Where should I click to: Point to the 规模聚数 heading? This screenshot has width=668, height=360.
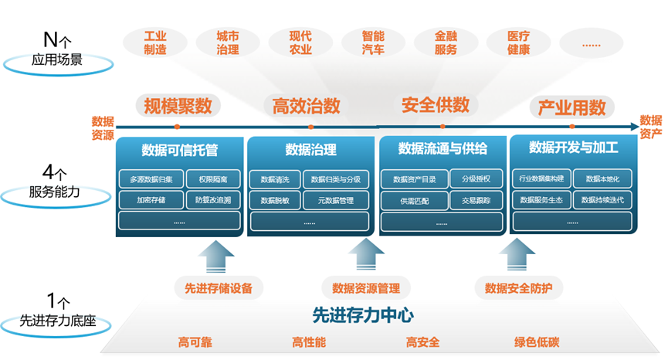click(x=178, y=106)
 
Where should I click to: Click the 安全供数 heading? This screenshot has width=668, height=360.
click(x=436, y=104)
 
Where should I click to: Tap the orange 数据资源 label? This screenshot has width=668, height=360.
click(x=103, y=127)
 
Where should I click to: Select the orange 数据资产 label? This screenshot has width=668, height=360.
click(x=651, y=127)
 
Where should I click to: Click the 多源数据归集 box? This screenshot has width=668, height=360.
click(x=151, y=179)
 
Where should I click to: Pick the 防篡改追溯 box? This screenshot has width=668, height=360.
click(x=213, y=200)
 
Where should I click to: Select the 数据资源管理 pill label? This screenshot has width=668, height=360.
click(x=366, y=289)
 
